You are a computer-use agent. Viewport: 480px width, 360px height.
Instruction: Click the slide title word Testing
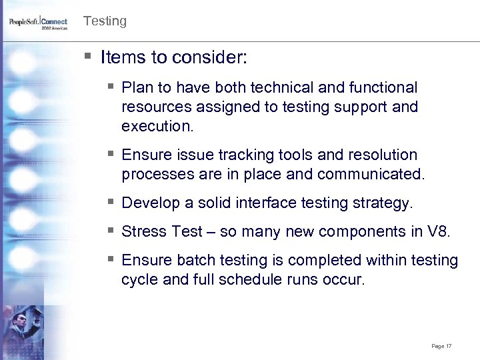(105, 21)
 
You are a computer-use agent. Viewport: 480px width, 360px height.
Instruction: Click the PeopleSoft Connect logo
(38, 24)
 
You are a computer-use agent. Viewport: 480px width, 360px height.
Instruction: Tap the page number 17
(441, 346)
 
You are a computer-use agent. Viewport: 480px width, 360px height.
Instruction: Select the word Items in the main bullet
(121, 58)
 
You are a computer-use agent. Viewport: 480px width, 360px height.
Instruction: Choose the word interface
(265, 203)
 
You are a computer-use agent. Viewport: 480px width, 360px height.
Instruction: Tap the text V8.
(439, 231)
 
